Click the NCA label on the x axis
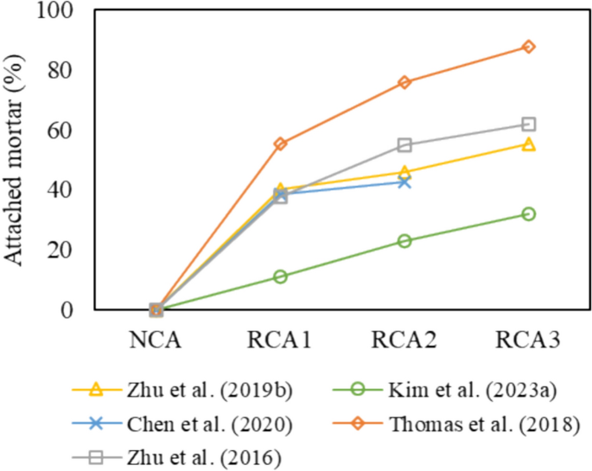156,339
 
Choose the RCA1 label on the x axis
280,339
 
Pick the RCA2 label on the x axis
404,339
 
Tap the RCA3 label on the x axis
528,339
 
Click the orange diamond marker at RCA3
528,47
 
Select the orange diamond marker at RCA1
280,143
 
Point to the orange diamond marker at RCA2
404,82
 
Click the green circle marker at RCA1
280,277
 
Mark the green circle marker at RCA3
528,213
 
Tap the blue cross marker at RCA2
404,181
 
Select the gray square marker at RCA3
528,124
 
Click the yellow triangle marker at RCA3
528,144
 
